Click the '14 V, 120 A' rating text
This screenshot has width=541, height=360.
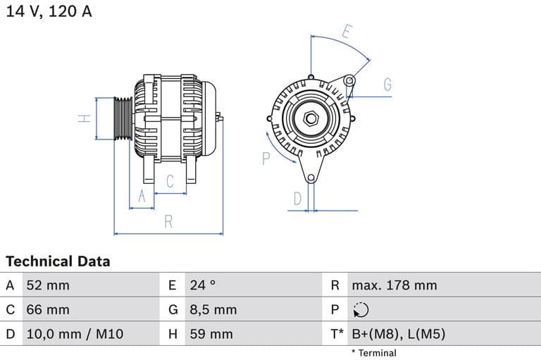pos(49,11)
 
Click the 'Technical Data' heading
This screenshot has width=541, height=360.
pos(58,261)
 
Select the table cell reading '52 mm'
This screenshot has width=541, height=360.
pos(48,285)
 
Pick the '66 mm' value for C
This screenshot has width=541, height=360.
pos(48,309)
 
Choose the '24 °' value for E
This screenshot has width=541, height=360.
pos(202,285)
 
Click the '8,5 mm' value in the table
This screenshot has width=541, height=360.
pos(213,309)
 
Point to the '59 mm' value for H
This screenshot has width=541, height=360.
pos(211,334)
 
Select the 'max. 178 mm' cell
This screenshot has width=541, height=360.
pos(394,285)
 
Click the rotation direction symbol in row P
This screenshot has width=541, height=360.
pos(360,310)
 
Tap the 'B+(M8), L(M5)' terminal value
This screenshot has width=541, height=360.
pos(398,334)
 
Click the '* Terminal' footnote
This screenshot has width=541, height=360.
pos(373,353)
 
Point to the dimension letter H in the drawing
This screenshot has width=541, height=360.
pos(85,118)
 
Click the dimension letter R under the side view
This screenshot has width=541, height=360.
pos(168,221)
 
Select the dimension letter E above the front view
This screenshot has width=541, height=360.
pos(347,32)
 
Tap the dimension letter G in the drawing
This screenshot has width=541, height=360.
pos(387,85)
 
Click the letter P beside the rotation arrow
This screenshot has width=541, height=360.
pos(266,159)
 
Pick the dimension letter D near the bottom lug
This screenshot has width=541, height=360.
pos(297,199)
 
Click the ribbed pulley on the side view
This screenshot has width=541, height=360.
pos(123,118)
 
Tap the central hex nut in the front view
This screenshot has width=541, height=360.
pos(310,118)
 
